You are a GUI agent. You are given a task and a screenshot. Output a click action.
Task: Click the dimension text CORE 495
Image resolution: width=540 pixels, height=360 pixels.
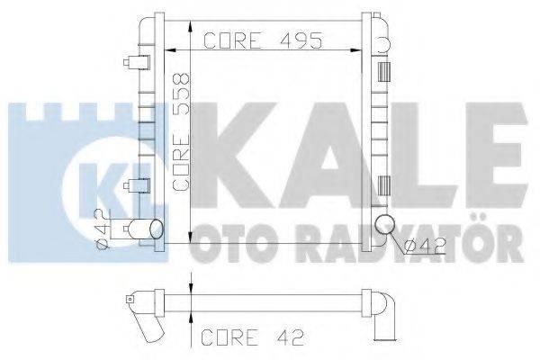click(x=263, y=40)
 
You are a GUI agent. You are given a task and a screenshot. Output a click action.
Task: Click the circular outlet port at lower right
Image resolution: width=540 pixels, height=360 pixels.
click(x=384, y=226)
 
